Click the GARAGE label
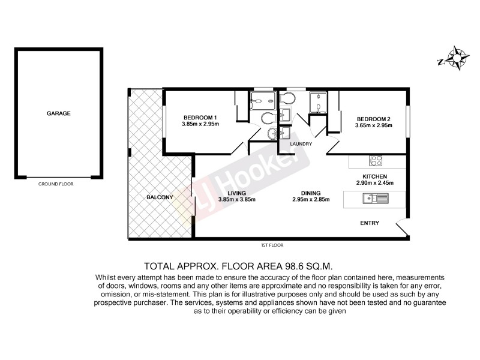click(x=59, y=113)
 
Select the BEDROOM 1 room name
click(x=200, y=117)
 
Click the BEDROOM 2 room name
click(x=373, y=118)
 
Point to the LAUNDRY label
click(x=301, y=144)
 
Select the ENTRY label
click(x=368, y=223)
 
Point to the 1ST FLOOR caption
click(x=272, y=245)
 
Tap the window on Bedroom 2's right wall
click(x=407, y=121)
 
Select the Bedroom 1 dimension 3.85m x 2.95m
click(x=200, y=124)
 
